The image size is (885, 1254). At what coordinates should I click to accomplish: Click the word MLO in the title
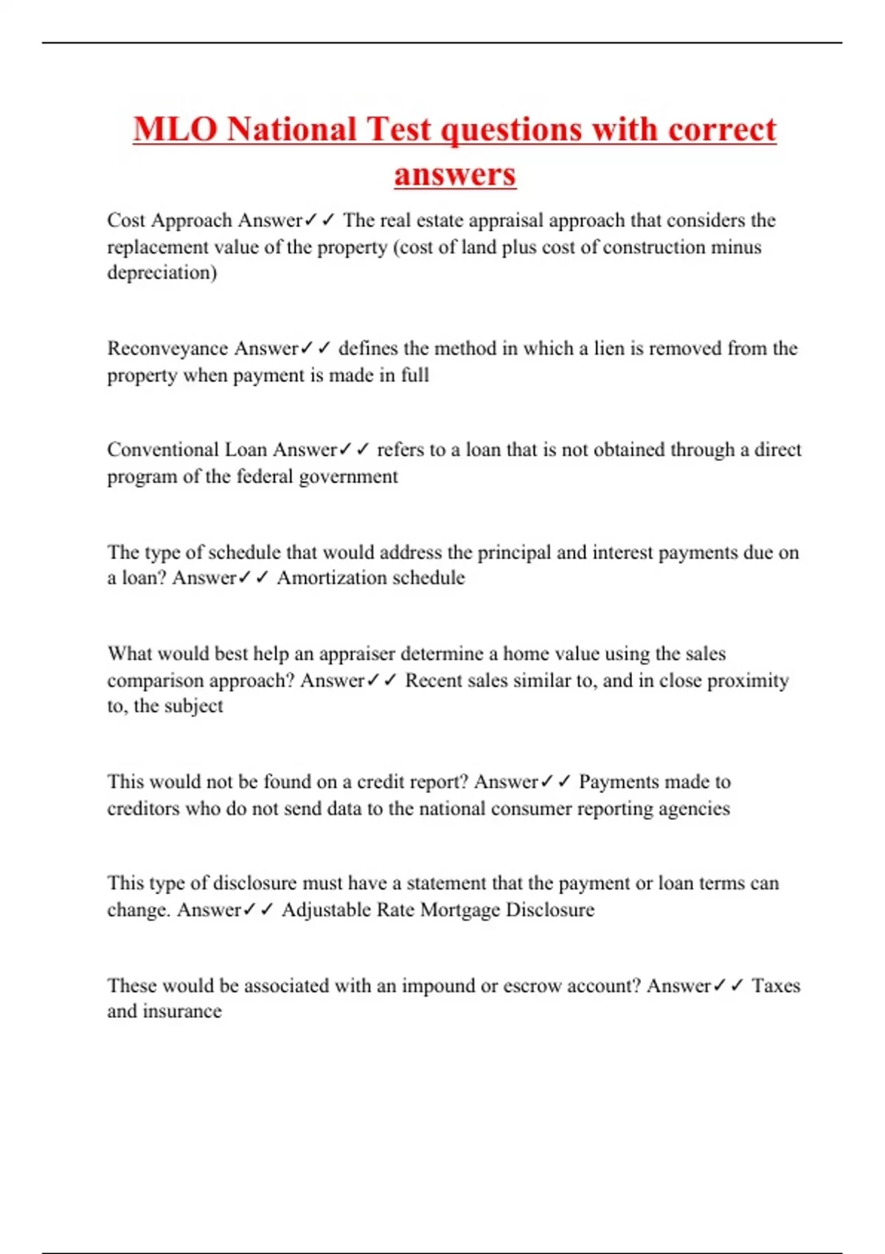pos(176,130)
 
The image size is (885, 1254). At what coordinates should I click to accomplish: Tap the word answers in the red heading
pos(455,175)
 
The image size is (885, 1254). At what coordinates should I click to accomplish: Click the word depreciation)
pos(162,273)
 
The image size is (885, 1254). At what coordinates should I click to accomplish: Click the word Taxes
pos(776,985)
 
